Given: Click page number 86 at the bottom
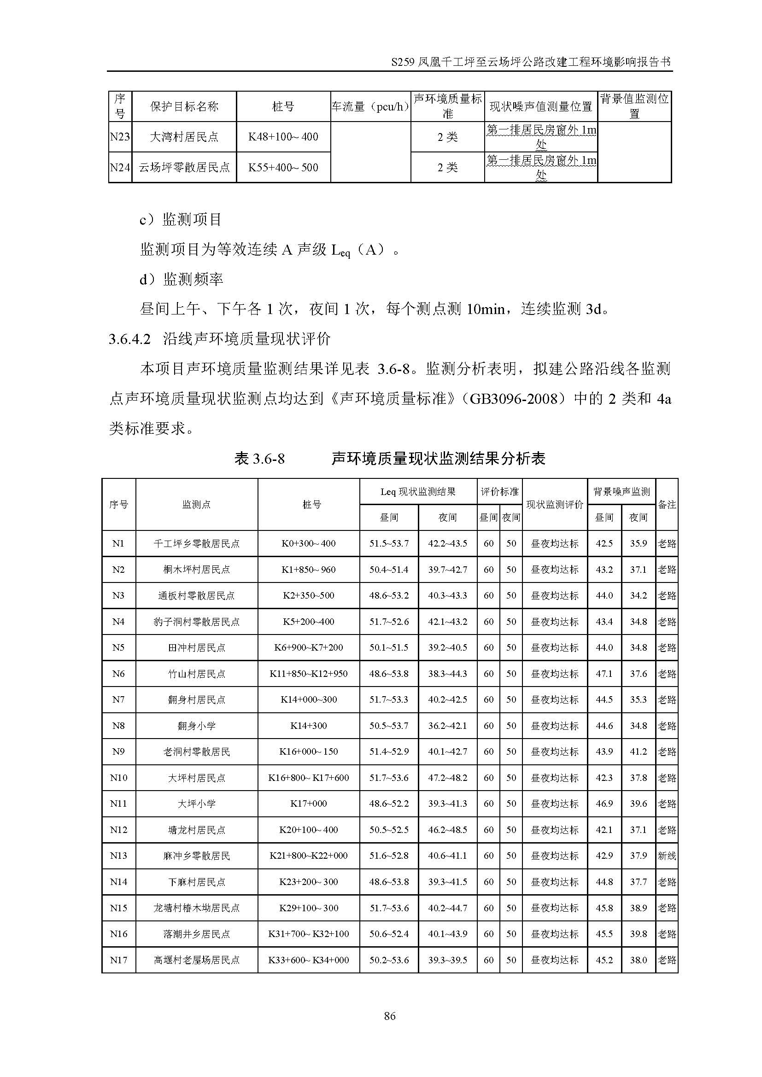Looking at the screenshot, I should click(389, 1016).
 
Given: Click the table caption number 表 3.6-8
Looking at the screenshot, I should click(259, 458).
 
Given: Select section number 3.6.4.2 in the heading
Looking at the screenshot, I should click(129, 339).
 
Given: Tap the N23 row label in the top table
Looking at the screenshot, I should click(120, 137).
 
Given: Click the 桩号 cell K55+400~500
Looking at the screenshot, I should click(283, 168).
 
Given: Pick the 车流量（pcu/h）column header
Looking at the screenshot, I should click(370, 106).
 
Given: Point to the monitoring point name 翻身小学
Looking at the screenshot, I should click(196, 726).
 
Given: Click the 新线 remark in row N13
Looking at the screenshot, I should click(667, 856).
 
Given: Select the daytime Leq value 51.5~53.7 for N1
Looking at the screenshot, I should click(389, 543).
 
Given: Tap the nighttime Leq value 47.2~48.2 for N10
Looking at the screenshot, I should click(448, 778).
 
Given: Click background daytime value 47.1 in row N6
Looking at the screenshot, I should click(604, 674).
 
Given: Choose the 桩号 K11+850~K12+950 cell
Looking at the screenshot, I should click(308, 674).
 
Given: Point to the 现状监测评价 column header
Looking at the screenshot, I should click(555, 505).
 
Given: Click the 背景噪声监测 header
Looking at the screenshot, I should click(621, 492).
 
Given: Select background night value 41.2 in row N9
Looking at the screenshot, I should click(638, 751).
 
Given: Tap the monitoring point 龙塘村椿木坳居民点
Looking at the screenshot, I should click(196, 908).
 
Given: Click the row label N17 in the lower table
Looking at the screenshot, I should click(118, 960).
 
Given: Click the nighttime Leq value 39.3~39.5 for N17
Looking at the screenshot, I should click(448, 960).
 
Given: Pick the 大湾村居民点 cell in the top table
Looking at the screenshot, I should click(184, 137).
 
